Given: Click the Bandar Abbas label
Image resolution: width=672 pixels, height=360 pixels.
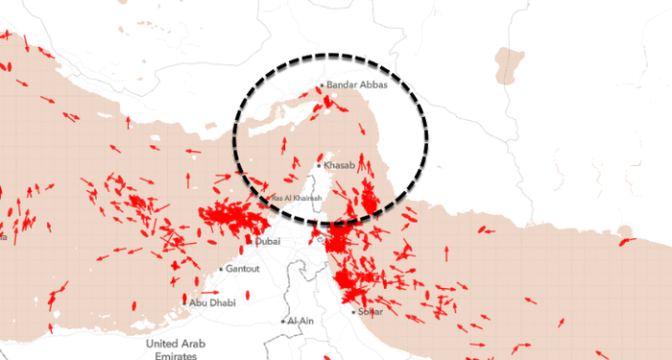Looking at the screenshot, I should [x=357, y=85].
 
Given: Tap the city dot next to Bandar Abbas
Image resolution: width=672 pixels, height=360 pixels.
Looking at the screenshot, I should [x=322, y=86].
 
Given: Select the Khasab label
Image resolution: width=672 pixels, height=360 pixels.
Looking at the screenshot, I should [x=340, y=166].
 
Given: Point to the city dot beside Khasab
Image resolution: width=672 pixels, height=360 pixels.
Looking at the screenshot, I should [x=319, y=165].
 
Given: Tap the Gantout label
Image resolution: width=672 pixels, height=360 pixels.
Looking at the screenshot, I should [x=243, y=269].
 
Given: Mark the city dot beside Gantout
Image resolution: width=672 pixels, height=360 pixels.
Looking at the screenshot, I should [x=222, y=269].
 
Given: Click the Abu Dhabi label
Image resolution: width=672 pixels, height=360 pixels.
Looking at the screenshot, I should [x=212, y=303].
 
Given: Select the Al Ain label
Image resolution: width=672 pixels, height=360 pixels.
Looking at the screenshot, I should [x=301, y=321].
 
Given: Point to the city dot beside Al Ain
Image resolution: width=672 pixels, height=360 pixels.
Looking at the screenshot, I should [x=283, y=321].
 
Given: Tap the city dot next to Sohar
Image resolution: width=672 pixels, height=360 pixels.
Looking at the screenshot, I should [x=353, y=311].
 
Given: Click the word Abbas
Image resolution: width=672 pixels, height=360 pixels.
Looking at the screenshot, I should [x=372, y=85].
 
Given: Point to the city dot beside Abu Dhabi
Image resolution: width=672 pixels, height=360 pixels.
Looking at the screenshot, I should [x=184, y=303].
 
